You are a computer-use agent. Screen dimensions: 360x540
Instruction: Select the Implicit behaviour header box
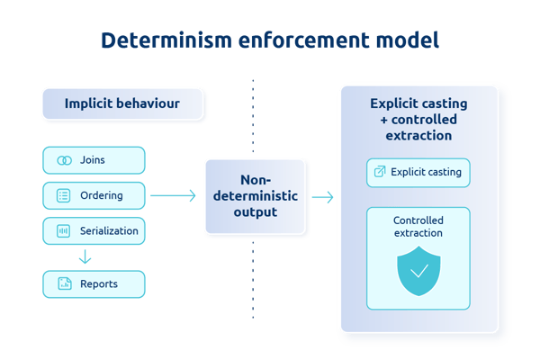click(x=121, y=103)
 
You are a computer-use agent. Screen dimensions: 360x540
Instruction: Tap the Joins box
click(x=94, y=160)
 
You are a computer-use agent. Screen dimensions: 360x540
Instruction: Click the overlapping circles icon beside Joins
click(x=64, y=160)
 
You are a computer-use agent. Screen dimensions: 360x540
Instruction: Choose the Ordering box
click(x=94, y=195)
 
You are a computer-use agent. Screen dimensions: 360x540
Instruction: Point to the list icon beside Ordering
click(x=64, y=195)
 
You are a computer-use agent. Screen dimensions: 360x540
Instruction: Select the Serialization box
click(x=94, y=230)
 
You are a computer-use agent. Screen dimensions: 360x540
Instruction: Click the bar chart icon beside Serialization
click(x=64, y=230)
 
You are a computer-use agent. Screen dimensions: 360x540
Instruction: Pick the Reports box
click(x=94, y=284)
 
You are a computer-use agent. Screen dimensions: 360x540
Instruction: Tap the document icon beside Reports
click(x=64, y=284)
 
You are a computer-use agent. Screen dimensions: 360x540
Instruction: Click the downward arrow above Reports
click(x=85, y=257)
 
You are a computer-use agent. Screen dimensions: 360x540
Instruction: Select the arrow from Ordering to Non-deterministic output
click(x=173, y=195)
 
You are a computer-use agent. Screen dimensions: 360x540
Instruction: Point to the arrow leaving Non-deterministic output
click(x=322, y=196)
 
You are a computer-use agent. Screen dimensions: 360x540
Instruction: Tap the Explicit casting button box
click(x=418, y=173)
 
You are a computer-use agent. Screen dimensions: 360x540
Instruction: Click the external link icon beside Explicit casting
click(x=379, y=173)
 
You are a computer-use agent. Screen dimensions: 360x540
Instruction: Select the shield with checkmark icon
click(x=418, y=269)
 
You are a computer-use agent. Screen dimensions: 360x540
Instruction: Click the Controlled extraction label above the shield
click(x=418, y=226)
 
